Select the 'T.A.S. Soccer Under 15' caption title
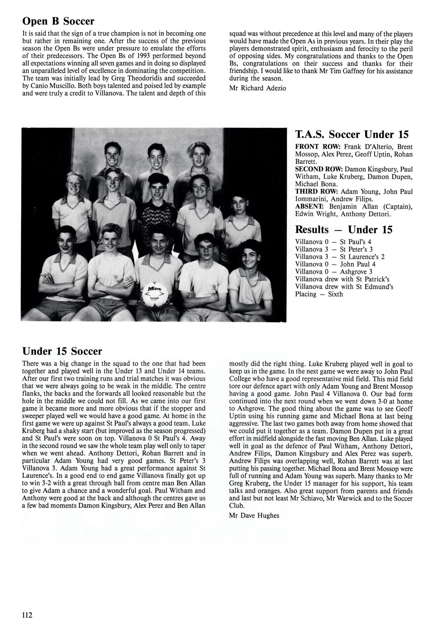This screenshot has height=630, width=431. (352, 135)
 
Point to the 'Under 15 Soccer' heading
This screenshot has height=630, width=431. (62, 351)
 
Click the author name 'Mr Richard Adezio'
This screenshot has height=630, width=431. (257, 88)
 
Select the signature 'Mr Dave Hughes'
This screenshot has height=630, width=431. (254, 516)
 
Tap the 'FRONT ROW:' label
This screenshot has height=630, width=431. (318, 147)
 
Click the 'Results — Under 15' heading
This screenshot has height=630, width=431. (343, 230)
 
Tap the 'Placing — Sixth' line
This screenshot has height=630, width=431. (319, 294)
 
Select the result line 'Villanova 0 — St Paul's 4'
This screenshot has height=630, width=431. (333, 242)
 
